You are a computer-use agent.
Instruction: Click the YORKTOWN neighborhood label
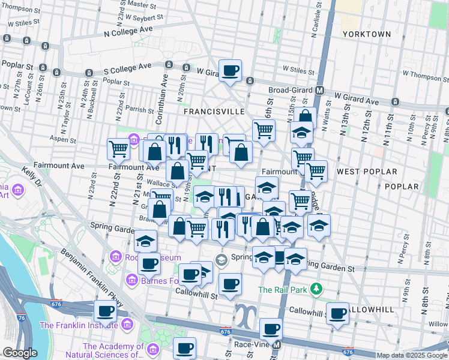coord(366,34)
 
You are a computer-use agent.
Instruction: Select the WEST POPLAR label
coord(367,172)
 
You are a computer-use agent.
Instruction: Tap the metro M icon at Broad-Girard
coord(320,90)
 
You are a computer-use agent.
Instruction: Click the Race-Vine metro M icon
coord(277,345)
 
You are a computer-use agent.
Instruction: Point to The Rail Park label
coord(283,289)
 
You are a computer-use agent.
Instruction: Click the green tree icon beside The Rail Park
coord(316,289)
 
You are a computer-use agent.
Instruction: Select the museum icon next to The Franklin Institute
coord(127,326)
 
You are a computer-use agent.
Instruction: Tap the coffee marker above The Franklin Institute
coord(106,312)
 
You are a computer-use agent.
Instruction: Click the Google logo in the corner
coord(20,353)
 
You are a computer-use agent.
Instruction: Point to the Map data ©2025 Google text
coord(412,355)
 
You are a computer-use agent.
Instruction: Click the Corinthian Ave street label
coord(163,91)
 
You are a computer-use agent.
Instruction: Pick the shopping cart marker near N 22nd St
coord(118,149)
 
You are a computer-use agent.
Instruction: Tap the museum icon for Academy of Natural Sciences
coord(152,349)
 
